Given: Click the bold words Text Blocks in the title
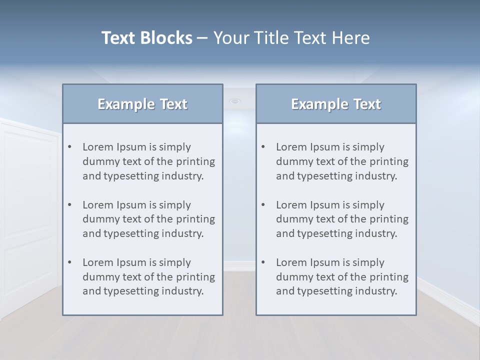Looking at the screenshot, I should tap(147, 38).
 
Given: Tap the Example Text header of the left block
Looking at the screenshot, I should tap(142, 104).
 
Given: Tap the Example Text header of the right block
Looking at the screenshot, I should tap(336, 104).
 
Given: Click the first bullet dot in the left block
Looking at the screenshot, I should tap(69, 147).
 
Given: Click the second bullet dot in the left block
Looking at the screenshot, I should tap(69, 205).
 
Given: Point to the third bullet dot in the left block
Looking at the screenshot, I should tap(69, 262).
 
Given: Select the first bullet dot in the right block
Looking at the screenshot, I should tap(263, 147).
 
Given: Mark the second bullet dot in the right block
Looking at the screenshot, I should tap(263, 205).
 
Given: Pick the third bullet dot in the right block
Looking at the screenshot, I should tap(263, 262).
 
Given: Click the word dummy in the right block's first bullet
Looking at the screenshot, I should tap(293, 161).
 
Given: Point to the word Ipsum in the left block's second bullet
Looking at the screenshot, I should tap(131, 205).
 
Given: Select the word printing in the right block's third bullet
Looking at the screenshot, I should tap(388, 277).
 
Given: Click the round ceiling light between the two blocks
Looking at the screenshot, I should tap(234, 101).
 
